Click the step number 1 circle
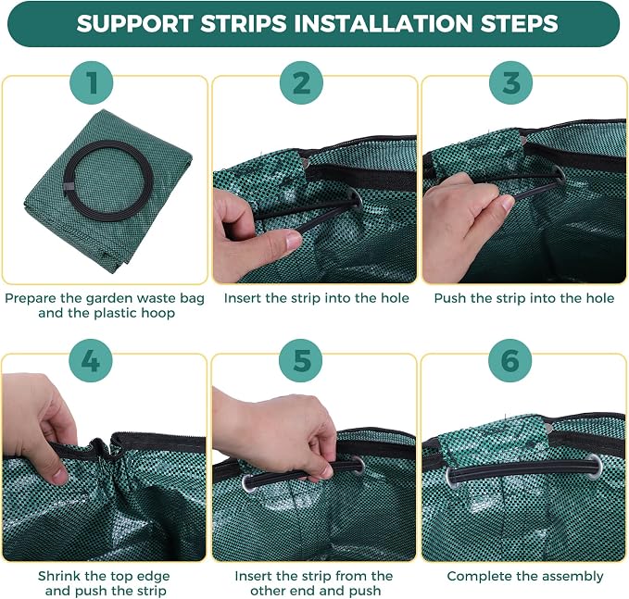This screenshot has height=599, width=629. [92, 83]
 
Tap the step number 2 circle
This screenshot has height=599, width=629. [301, 83]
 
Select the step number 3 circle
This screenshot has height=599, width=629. [510, 83]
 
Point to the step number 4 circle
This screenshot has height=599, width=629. [91, 360]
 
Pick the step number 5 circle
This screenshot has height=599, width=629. [301, 360]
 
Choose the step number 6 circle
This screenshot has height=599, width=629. [509, 360]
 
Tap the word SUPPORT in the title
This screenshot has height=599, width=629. [134, 23]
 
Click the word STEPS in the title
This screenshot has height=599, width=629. [519, 23]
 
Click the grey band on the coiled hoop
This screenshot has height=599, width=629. [69, 187]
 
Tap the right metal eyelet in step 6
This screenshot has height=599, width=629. [594, 467]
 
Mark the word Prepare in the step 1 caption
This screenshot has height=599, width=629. [30, 299]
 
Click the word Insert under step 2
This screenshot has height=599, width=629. [243, 298]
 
